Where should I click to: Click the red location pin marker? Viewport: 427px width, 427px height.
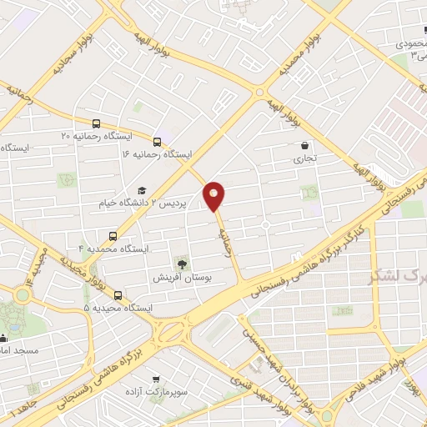click(x=215, y=195)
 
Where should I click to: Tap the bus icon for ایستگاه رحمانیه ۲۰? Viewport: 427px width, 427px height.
click(x=98, y=123)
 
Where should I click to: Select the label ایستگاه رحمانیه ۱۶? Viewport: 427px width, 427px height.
click(x=155, y=155)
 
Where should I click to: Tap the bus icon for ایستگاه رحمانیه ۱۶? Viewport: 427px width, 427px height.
click(x=158, y=141)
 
